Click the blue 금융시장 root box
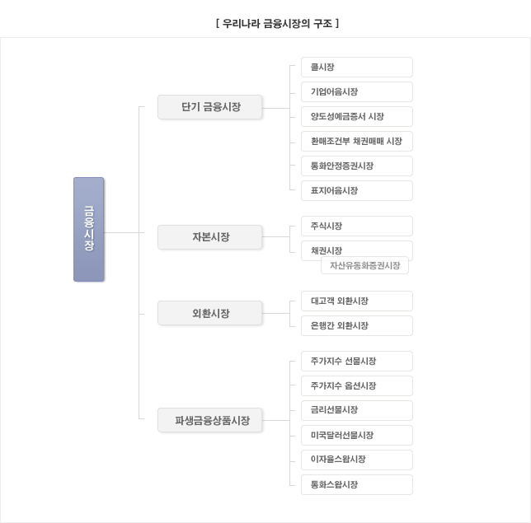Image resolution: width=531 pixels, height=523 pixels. [x=89, y=229]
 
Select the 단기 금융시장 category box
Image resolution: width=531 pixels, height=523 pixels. [x=209, y=107]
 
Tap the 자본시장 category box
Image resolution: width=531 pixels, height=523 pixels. [x=209, y=237]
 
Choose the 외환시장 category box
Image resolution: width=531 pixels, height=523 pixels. [x=209, y=313]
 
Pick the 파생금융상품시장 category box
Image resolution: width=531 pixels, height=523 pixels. [x=209, y=420]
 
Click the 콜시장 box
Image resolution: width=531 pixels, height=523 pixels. [x=357, y=67]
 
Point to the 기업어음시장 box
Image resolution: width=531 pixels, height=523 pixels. [x=357, y=91]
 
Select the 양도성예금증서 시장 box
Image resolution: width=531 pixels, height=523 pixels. [x=357, y=116]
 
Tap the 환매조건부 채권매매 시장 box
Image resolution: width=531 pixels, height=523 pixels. [x=357, y=141]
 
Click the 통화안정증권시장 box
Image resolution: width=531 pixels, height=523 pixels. [x=357, y=166]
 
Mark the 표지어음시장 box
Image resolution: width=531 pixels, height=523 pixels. [x=357, y=190]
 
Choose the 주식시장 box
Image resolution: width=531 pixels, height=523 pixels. [x=357, y=226]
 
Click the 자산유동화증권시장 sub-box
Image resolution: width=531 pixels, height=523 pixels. [x=364, y=265]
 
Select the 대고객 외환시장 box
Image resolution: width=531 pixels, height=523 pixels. [x=357, y=301]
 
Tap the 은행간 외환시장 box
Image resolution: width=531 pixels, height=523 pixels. [x=357, y=326]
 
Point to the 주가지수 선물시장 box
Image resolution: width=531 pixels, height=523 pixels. [x=357, y=361]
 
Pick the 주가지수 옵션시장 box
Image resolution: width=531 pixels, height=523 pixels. [x=357, y=385]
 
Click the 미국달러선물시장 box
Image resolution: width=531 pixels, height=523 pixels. [x=357, y=435]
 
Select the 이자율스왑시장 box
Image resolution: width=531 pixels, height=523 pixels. [x=357, y=460]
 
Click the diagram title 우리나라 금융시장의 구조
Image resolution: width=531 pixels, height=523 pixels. [x=277, y=24]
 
